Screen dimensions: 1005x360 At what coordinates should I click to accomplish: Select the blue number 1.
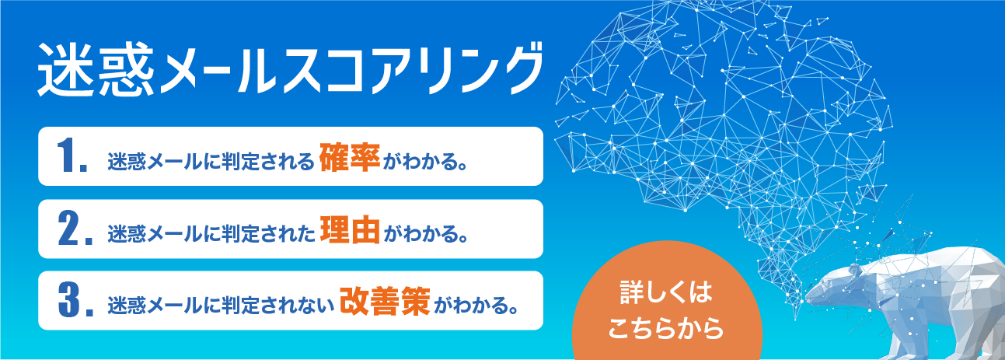click(x=72, y=156)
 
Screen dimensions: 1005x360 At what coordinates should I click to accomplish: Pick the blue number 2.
click(x=75, y=229)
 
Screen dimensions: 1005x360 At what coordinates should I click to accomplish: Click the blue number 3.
click(x=76, y=300)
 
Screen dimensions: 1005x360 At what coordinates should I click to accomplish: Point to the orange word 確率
click(x=350, y=158)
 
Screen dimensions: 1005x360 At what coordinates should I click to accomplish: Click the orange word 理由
click(x=350, y=229)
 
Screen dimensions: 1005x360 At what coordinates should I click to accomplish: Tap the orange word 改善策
click(x=385, y=301)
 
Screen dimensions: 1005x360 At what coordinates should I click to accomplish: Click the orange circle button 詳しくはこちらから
click(x=667, y=306)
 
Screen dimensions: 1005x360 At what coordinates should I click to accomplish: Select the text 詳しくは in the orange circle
click(x=666, y=292)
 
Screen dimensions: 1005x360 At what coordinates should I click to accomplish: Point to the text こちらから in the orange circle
click(x=666, y=329)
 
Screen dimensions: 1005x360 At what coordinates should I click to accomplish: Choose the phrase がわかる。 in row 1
click(x=425, y=162)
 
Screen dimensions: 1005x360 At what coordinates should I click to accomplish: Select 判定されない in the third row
click(x=277, y=306)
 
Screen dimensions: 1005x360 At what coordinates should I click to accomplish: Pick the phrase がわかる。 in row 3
click(x=477, y=306)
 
